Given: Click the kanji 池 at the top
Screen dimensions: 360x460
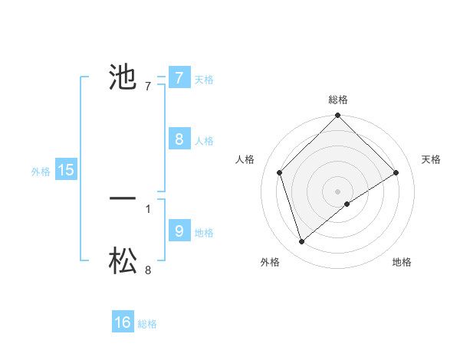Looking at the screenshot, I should point(123,77).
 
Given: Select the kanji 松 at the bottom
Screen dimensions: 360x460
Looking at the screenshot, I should point(123,261).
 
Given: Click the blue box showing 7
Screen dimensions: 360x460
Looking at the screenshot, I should point(179,77).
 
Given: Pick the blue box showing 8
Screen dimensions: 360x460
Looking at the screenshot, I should point(179,139).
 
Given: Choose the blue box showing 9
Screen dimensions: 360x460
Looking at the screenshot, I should point(179,231).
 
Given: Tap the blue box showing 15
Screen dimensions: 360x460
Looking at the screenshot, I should point(66,170).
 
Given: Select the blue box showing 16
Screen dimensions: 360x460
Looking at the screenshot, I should point(123,322).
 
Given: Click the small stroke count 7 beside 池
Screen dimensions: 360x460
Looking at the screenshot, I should point(148,86).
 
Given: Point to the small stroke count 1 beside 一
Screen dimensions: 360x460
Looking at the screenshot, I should point(148,208).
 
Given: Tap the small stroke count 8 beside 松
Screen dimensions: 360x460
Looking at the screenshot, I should point(148,270).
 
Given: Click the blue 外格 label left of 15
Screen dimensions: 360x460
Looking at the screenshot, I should point(41,172).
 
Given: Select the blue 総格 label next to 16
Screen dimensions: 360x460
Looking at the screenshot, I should point(147,324).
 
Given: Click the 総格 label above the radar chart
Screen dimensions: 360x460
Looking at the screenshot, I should point(338,100).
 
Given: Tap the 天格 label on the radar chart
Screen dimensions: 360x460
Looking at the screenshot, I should point(431,159).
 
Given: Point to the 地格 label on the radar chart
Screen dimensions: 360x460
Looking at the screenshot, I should point(402,262).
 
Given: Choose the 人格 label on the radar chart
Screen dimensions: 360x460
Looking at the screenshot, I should point(245,159).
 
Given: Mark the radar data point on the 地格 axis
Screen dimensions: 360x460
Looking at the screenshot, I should point(347,204).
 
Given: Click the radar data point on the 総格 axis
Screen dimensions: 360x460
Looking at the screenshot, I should point(338,116).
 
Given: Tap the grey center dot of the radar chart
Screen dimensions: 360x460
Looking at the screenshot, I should point(338,191).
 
